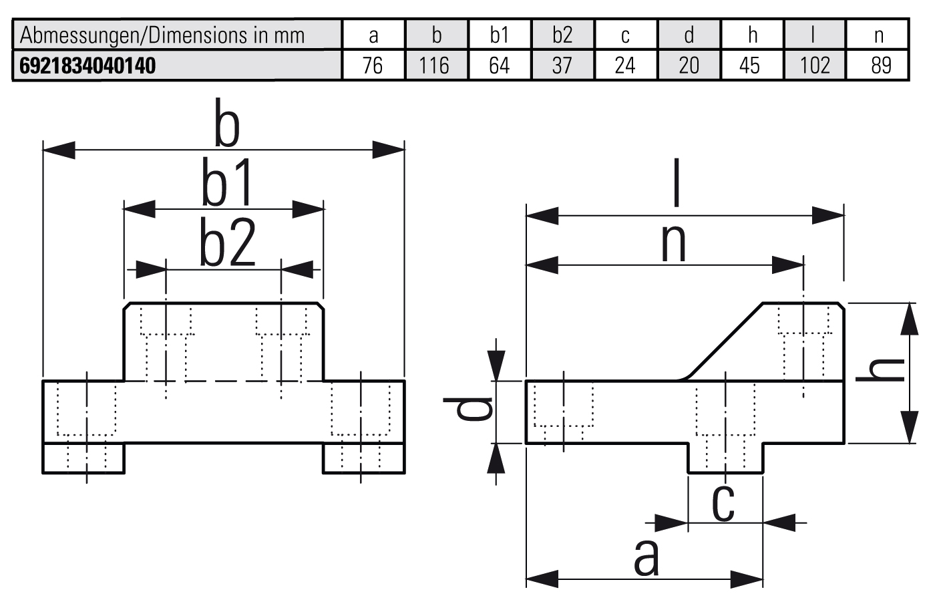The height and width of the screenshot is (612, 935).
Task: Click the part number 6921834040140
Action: (88, 65)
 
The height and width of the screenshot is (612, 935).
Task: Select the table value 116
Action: (435, 65)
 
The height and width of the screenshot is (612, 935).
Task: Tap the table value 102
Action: (815, 65)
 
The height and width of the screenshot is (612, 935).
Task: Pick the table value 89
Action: (881, 65)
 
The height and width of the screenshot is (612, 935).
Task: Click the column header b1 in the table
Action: (499, 35)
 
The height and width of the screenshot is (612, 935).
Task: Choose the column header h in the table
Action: (753, 35)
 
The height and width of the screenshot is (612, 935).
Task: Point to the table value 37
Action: (562, 65)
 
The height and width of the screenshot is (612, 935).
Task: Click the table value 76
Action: (373, 65)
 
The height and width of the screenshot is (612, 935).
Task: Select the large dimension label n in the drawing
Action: (673, 243)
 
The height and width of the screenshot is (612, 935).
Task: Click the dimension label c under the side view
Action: (723, 502)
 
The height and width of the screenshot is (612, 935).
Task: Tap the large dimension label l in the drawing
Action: (677, 182)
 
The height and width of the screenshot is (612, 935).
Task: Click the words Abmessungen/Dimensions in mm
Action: (162, 35)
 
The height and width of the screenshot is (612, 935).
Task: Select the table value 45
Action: (749, 65)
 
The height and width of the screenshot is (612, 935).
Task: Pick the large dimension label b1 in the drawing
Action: (228, 182)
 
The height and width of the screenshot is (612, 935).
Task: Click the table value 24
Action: (624, 65)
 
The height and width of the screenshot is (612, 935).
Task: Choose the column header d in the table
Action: (689, 35)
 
